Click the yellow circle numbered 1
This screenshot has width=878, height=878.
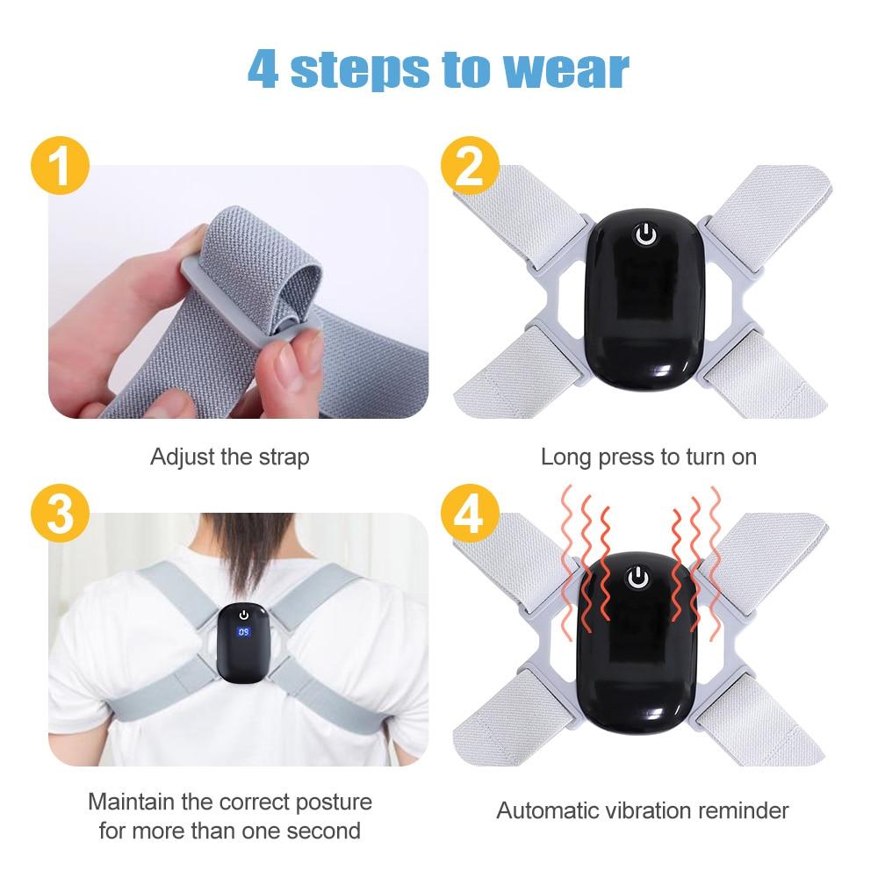tap(59, 167)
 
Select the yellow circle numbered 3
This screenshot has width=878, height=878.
tap(59, 515)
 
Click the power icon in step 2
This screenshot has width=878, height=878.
tap(645, 234)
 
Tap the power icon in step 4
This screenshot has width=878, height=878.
tap(639, 577)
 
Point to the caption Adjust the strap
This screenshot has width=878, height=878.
tap(229, 457)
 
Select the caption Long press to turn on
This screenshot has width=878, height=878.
tap(648, 457)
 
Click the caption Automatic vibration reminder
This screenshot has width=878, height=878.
tap(643, 810)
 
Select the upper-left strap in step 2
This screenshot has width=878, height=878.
tap(527, 215)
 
